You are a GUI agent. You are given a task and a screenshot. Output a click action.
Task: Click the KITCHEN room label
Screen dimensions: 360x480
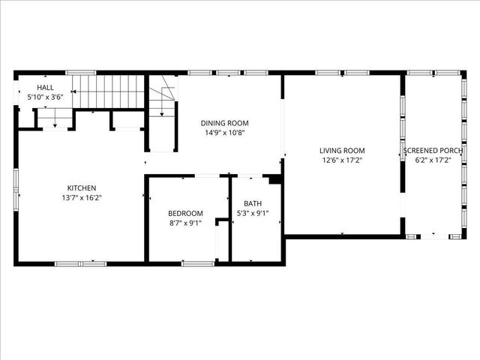(81, 187)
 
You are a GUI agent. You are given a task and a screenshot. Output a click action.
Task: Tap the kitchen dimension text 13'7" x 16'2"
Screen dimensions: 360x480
(81, 198)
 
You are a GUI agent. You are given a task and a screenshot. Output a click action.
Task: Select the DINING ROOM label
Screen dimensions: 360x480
(224, 123)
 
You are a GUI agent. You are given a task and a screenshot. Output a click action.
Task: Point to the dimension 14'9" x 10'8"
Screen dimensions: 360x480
(224, 133)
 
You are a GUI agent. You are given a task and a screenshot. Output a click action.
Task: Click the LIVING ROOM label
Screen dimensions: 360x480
(342, 150)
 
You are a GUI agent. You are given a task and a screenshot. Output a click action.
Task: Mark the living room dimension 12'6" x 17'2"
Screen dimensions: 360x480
(342, 160)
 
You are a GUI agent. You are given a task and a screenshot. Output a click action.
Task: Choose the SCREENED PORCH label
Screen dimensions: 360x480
(433, 150)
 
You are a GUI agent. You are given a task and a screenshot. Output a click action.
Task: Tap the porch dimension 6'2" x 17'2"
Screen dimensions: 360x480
(433, 160)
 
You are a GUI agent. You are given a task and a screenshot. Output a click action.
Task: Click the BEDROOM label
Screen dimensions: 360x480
(185, 213)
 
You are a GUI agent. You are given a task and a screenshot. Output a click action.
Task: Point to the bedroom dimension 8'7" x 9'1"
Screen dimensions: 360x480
(185, 223)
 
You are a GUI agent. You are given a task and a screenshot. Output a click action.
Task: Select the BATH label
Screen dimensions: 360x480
(252, 203)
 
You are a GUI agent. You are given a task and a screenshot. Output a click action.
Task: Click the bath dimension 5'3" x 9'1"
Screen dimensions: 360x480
(252, 213)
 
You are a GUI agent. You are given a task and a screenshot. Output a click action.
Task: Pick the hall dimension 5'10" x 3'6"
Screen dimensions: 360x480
(45, 97)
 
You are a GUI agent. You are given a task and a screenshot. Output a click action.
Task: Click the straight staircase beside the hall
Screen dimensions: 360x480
(108, 91)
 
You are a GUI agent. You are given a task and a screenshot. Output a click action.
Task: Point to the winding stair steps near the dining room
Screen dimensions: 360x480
(162, 100)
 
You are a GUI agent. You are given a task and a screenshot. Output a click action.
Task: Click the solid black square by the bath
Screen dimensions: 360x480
(274, 179)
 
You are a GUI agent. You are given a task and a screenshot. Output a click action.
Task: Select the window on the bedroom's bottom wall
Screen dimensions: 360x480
(198, 262)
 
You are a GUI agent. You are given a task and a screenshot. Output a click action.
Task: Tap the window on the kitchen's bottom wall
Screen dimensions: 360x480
(81, 262)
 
